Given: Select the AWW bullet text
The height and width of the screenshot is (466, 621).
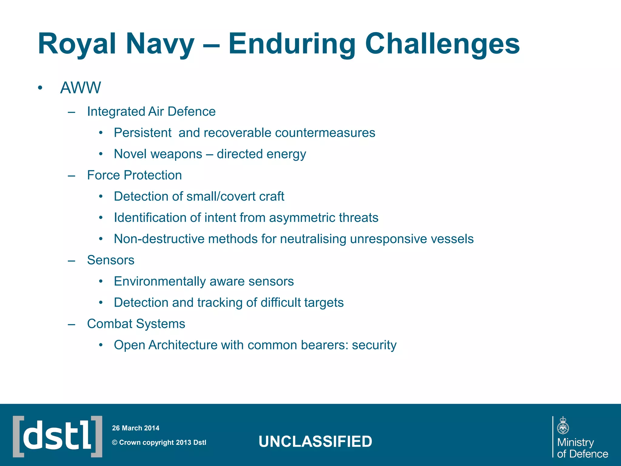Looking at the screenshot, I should [80, 88].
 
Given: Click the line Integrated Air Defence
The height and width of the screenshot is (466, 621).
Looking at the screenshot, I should [151, 112].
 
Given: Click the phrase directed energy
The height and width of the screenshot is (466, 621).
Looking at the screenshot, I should [261, 154].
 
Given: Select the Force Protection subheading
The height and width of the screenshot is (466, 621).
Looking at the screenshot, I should [134, 175].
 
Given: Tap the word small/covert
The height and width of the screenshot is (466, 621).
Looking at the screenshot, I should [223, 197].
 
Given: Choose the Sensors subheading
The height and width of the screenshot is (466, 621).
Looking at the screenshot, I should [111, 260].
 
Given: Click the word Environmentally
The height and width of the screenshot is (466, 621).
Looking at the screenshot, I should [160, 282].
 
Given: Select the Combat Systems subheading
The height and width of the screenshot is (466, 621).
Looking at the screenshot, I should [136, 324].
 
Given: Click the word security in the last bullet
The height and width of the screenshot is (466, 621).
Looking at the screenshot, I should [374, 345].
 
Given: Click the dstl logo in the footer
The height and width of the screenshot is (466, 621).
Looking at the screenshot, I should [58, 436].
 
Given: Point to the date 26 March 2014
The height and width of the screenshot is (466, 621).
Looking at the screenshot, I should [136, 428].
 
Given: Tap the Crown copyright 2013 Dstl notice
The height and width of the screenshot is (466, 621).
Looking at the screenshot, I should [159, 443].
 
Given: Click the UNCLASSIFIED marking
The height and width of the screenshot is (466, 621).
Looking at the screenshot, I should [315, 441].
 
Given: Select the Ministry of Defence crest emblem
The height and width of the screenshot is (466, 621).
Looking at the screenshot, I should [563, 426].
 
